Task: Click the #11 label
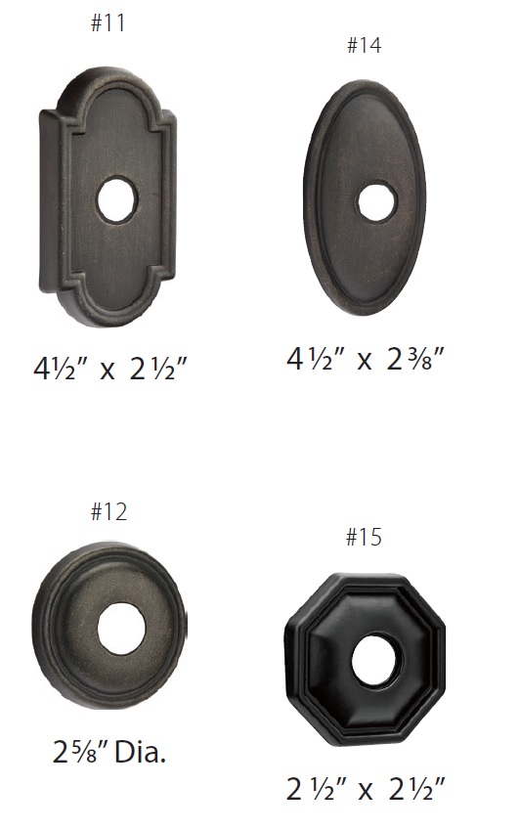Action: coord(108,22)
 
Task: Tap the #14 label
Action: coord(364,45)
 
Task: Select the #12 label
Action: coord(108,512)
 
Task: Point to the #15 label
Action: coord(364,537)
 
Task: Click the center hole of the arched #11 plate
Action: coord(117,198)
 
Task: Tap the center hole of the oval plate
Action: coord(376,201)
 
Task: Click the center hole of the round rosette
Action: coord(118,628)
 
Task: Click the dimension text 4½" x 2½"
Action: coord(110,368)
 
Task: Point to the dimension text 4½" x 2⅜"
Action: coord(365,359)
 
